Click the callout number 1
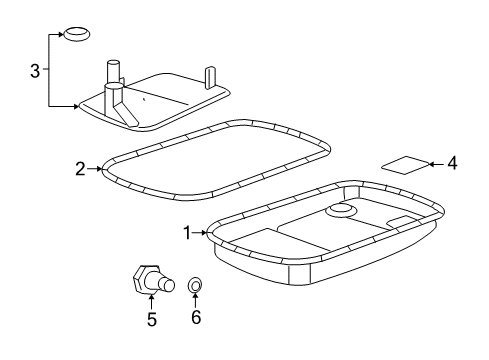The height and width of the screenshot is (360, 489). coord(186,232)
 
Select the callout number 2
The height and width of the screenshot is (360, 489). coord(80,169)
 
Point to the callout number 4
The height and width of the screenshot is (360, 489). coord(451,161)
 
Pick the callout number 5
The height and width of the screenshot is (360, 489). coord(151,320)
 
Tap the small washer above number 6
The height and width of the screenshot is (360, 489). coord(196,287)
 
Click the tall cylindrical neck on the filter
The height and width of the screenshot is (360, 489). coord(113,77)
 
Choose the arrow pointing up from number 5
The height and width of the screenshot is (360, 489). coord(151,300)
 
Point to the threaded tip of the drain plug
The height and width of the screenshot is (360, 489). coord(169,284)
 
